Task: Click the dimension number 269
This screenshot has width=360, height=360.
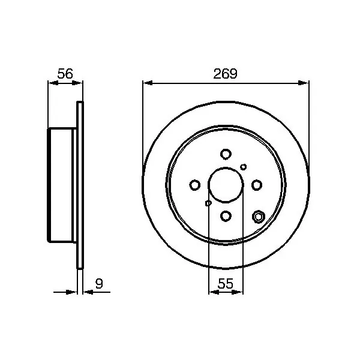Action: tap(225, 74)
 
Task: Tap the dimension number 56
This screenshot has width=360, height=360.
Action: tap(65, 74)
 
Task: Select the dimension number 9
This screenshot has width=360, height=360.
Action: tap(99, 284)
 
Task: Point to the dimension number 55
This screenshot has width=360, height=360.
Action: tap(226, 283)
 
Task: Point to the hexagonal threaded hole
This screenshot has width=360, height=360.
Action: tap(259, 217)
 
